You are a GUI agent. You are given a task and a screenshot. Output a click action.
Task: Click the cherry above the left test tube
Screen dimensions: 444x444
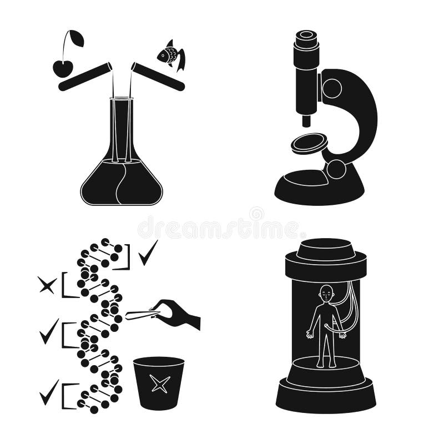click(x=63, y=68)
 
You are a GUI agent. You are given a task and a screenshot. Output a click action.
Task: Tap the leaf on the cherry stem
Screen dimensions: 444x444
click(x=77, y=38)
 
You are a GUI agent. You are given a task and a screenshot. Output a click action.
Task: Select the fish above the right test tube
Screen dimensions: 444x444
click(x=170, y=55)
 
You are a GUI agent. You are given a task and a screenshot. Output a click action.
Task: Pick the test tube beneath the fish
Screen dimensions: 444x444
click(x=158, y=77)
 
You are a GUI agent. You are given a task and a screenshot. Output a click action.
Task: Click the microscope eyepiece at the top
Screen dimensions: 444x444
click(x=306, y=39)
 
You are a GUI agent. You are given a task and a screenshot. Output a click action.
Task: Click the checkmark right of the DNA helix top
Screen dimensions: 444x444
click(x=148, y=253)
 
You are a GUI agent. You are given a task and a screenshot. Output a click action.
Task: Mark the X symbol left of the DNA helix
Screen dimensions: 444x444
click(x=47, y=285)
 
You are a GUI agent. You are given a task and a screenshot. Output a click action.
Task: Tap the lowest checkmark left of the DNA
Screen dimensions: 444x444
click(x=49, y=392)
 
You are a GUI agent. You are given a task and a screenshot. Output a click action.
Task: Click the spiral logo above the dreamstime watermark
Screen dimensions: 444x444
click(x=256, y=214)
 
